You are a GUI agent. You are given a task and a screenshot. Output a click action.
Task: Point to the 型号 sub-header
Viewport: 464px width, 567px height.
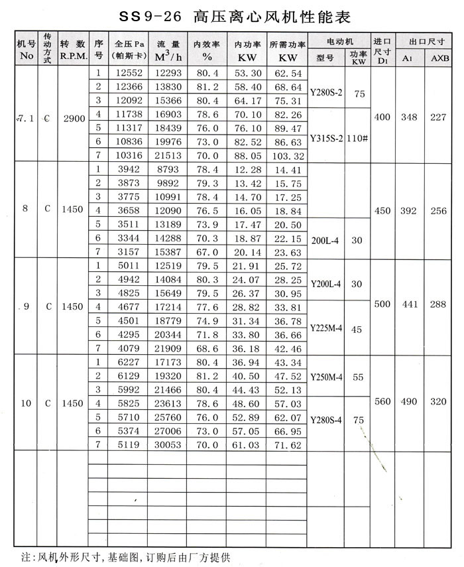pos(325,57)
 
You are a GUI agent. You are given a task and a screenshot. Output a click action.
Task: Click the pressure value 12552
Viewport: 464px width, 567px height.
pos(129,73)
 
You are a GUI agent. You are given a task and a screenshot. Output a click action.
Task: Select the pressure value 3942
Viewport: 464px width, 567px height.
pos(129,168)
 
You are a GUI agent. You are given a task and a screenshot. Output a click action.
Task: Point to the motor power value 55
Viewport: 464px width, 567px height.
pos(359,376)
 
